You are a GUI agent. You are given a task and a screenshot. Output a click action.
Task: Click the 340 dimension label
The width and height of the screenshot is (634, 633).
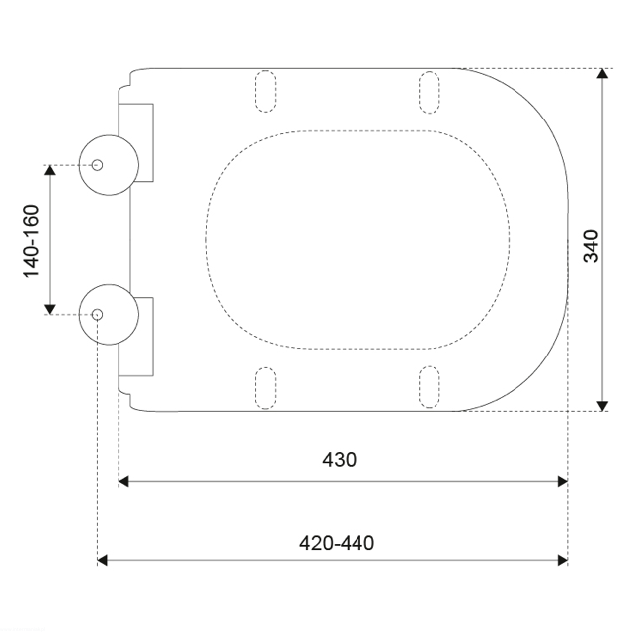(591, 246)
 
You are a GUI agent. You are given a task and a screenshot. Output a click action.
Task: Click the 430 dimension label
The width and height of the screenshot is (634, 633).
(340, 459)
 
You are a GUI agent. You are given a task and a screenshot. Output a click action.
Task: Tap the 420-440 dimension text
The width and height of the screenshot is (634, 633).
(337, 543)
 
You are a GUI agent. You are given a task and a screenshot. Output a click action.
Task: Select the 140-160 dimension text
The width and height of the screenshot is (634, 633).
(32, 242)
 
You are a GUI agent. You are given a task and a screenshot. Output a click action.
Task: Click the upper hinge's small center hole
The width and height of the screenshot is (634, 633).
(97, 165)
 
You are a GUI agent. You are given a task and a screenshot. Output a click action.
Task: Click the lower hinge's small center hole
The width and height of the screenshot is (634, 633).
(97, 314)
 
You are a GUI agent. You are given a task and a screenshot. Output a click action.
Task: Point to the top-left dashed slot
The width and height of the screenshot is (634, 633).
(266, 91)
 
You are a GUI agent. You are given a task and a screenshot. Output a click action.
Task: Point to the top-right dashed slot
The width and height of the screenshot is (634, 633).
(429, 92)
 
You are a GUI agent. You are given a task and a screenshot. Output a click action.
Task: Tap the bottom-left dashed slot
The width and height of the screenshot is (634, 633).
(266, 388)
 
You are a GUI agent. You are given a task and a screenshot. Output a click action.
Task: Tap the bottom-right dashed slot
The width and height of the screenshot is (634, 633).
(429, 387)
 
